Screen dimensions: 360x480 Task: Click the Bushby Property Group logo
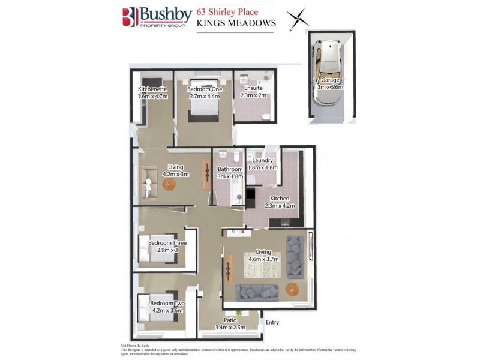(x=158, y=19)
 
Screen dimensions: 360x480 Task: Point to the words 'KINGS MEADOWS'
(x=236, y=23)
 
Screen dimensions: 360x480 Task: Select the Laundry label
(x=263, y=160)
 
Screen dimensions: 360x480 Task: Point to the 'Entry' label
(x=272, y=323)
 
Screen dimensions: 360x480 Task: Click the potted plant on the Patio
(x=239, y=313)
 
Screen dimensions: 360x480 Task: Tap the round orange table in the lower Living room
(x=292, y=288)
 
